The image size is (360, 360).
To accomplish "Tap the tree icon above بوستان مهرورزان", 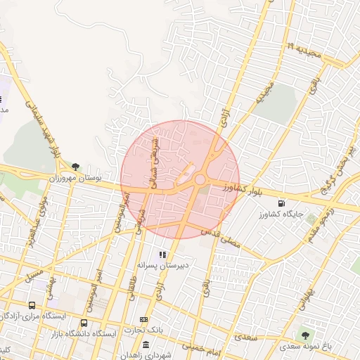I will point(75,167).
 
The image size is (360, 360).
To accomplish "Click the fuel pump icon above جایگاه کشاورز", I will point(283,202).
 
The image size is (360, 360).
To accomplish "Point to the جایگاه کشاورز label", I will point(283,213).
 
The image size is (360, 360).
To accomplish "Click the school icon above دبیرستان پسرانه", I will point(163,255).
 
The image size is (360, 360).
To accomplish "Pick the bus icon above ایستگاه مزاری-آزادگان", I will point(32,306).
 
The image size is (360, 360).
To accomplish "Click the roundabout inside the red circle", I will point(200,180).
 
